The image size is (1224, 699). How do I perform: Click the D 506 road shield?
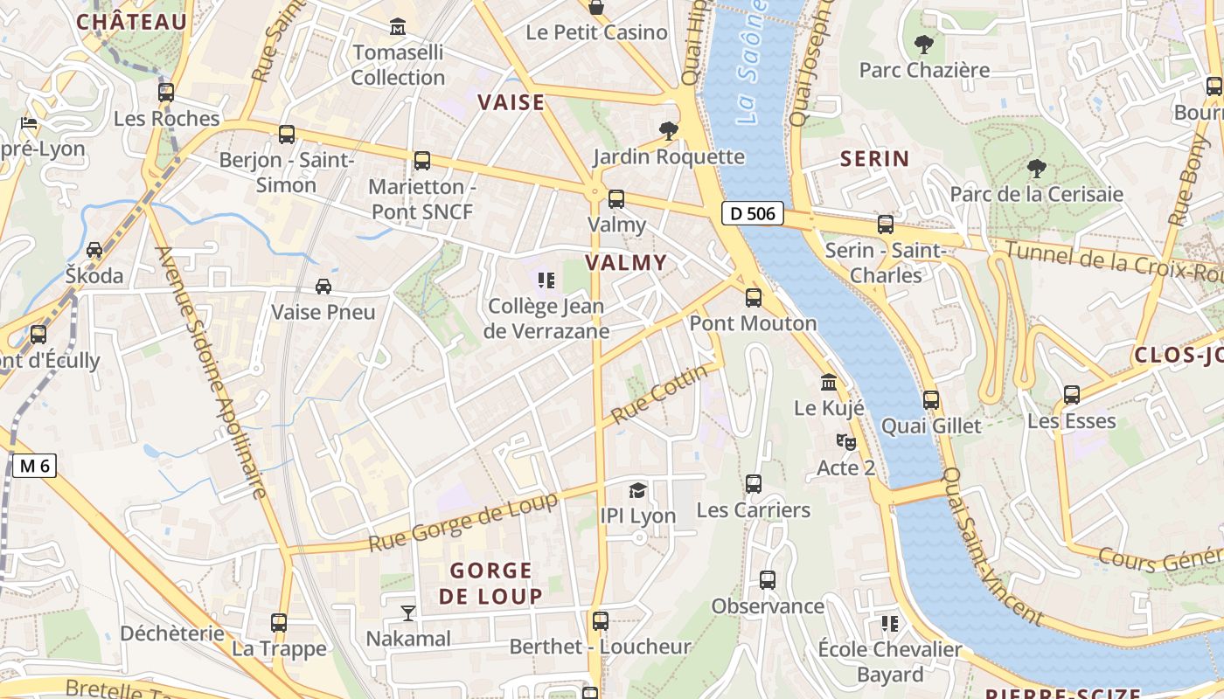point(752,212)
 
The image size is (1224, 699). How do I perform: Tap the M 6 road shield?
point(35,466)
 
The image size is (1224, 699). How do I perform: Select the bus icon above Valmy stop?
point(616,199)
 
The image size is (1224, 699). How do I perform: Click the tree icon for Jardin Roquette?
point(669,131)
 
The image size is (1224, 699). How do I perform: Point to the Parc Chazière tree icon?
point(923,44)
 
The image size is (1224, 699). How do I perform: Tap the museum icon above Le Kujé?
point(829,383)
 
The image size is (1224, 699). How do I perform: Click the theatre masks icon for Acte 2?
point(845,442)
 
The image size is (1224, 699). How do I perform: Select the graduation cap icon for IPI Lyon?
point(638,490)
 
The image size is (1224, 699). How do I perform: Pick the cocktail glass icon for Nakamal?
point(407,612)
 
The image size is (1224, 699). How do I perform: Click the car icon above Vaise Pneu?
point(323,286)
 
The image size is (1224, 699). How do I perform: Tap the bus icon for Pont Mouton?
point(754,298)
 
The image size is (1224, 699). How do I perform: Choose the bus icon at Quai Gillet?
point(931,400)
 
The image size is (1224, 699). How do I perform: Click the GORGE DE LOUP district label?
point(490,584)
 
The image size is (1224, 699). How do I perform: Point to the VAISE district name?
point(511,102)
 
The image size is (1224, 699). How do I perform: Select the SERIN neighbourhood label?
point(874,159)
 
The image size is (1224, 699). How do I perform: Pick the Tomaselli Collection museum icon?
point(398,27)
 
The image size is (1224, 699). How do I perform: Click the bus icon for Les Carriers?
point(754,484)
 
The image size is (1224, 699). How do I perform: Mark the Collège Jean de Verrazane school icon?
point(546,280)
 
